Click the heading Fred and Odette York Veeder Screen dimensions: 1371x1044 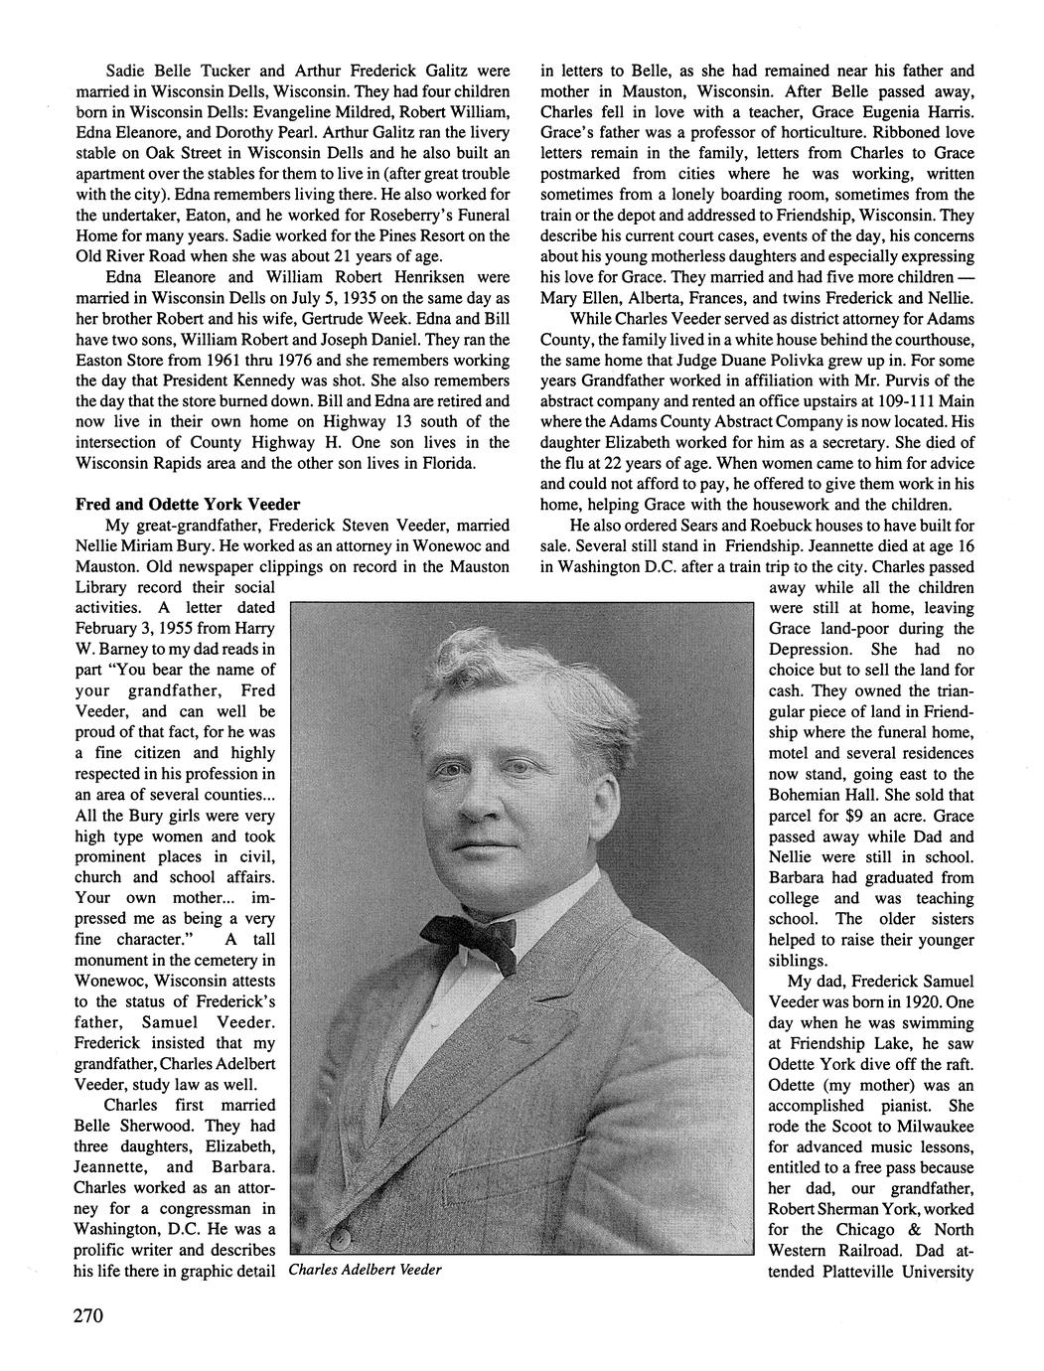188,504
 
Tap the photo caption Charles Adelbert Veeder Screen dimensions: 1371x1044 365,1271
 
